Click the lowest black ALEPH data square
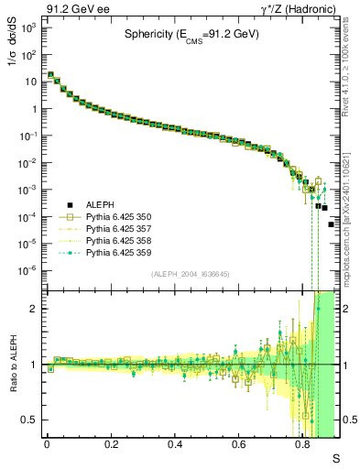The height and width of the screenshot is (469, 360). (x=332, y=224)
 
